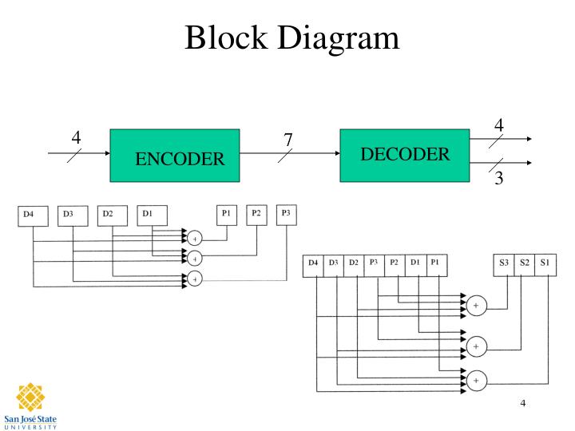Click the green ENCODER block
pyautogui.click(x=174, y=156)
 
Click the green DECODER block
pyautogui.click(x=405, y=154)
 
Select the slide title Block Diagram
pyautogui.click(x=291, y=38)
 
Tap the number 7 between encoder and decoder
pyautogui.click(x=288, y=140)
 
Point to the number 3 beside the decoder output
pyautogui.click(x=499, y=179)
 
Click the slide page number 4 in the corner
pyautogui.click(x=522, y=402)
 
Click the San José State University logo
pyautogui.click(x=30, y=404)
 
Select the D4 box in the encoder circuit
pyautogui.click(x=33, y=215)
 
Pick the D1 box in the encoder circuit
pyautogui.click(x=151, y=214)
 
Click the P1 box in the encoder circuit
pyautogui.click(x=228, y=214)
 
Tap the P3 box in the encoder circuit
pyautogui.click(x=286, y=214)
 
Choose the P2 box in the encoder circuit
pyautogui.click(x=257, y=214)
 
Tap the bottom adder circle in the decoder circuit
pyautogui.click(x=477, y=381)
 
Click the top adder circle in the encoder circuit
pyautogui.click(x=194, y=237)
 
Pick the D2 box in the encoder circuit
pyautogui.click(x=111, y=214)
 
